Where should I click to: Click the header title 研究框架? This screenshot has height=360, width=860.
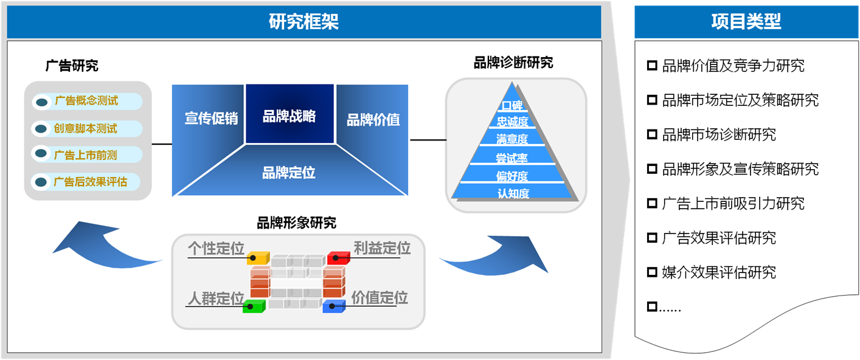(303, 21)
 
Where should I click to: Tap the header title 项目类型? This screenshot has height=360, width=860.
(746, 21)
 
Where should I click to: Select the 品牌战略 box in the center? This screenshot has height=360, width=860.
(290, 114)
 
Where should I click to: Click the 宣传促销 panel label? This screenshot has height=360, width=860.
(211, 118)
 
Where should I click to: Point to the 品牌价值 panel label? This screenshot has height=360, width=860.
(373, 120)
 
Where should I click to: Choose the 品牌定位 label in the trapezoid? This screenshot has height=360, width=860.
(289, 173)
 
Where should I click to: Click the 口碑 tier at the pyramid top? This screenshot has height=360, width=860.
(512, 105)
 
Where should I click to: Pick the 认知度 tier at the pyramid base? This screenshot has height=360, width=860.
(513, 193)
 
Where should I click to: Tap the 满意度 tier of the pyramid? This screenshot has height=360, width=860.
(512, 139)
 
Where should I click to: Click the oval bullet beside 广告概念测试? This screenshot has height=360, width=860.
(41, 102)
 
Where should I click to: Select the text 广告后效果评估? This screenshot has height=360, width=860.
(90, 182)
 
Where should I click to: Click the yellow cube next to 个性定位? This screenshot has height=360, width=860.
(258, 258)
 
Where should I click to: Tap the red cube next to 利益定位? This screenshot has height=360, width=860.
(339, 258)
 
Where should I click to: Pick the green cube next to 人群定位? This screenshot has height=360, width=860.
(254, 306)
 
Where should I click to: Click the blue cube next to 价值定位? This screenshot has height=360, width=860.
(334, 306)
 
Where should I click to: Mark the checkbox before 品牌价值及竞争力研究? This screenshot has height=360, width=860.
(652, 65)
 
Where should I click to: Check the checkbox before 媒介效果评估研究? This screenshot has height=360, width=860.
(652, 272)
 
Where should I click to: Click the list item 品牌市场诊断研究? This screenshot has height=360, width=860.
(719, 135)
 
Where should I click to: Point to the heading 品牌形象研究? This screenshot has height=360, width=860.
(296, 223)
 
